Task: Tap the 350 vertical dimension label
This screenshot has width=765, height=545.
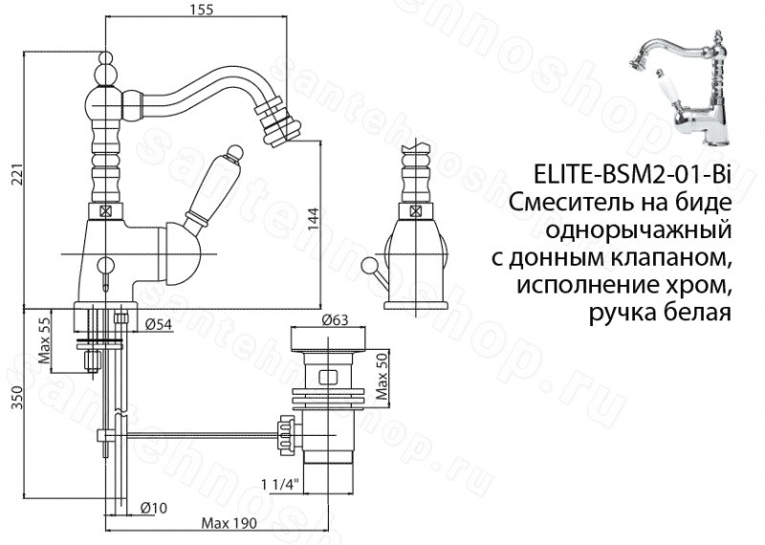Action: [x=18, y=399]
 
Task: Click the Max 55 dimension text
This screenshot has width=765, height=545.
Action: [x=44, y=341]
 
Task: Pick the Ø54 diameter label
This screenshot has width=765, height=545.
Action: [x=159, y=324]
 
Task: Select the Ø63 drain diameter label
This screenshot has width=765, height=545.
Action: [x=335, y=319]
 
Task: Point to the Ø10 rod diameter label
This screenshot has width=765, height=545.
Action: [x=153, y=508]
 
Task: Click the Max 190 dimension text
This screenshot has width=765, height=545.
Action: [x=229, y=524]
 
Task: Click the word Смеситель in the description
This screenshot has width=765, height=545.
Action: [x=568, y=204]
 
